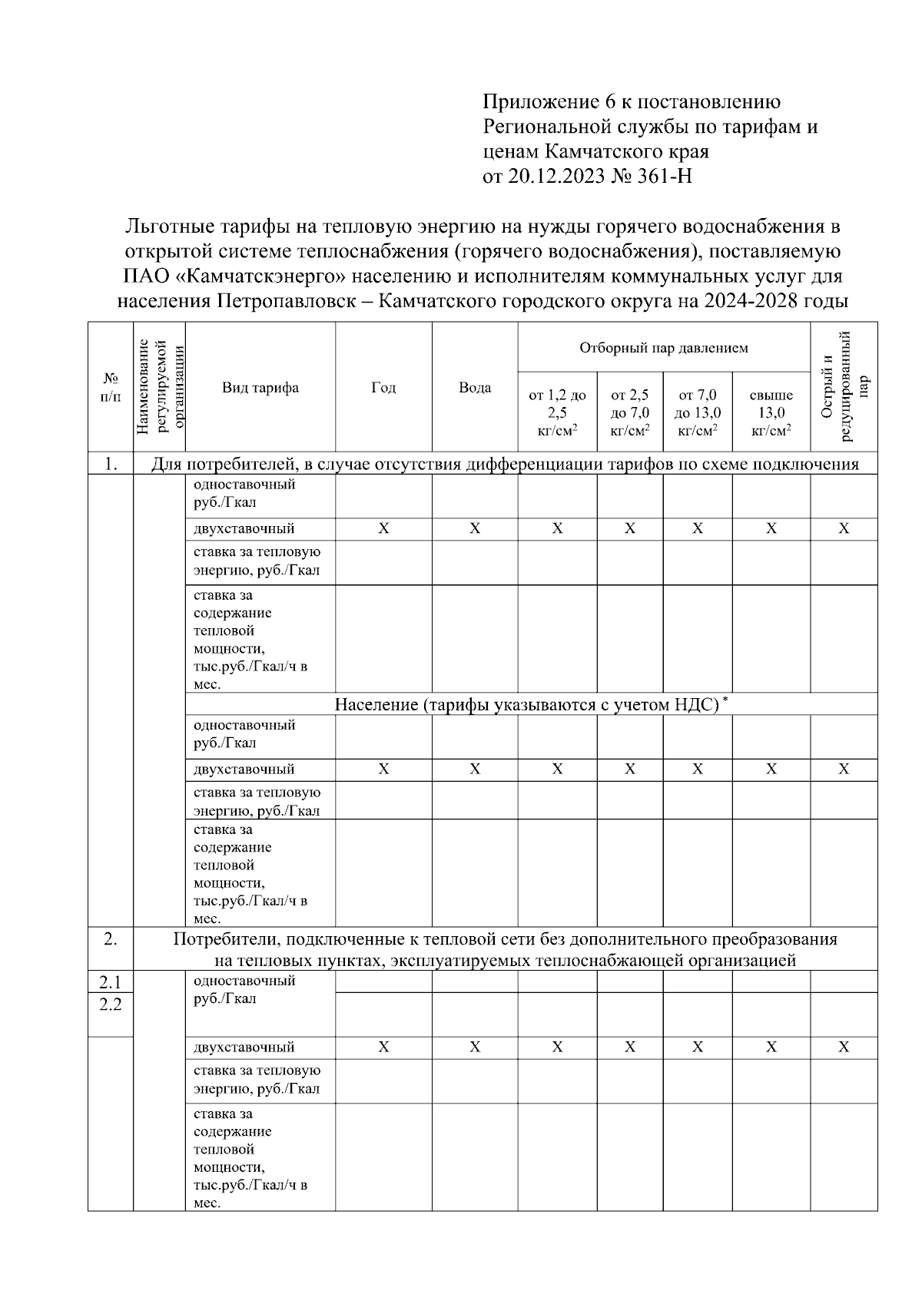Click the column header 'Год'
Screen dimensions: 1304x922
(383, 388)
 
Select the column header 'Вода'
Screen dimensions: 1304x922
(475, 388)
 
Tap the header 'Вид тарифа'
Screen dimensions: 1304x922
(260, 388)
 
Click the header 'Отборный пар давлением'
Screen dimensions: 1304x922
(663, 348)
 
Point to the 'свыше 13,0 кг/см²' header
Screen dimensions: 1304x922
(771, 413)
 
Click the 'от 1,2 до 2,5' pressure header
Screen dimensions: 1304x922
(557, 413)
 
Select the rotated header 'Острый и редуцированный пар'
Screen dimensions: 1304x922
(844, 386)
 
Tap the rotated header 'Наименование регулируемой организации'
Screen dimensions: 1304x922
(160, 386)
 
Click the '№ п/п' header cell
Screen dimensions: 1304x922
(111, 388)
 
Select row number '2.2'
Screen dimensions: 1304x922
(111, 1004)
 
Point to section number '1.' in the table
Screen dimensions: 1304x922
(111, 464)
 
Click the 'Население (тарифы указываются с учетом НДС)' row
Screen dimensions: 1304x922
(526, 704)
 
